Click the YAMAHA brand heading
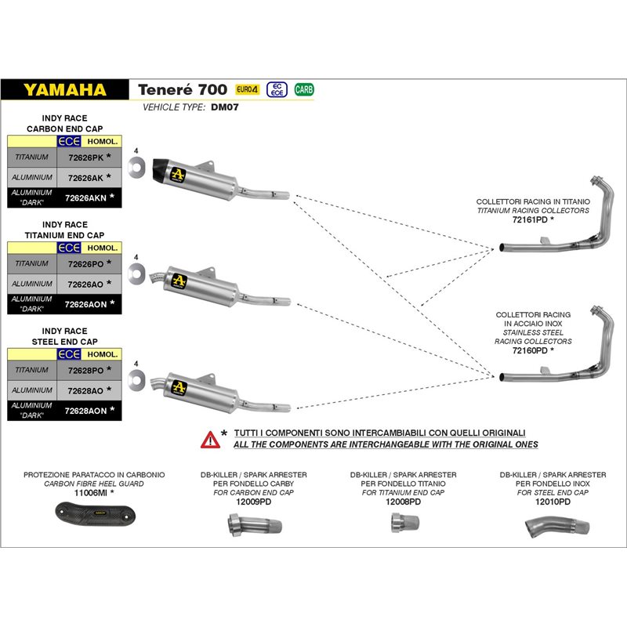[x=65, y=89]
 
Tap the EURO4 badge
[x=248, y=89]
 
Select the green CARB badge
[x=303, y=89]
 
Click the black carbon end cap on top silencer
[x=162, y=167]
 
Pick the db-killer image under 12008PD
[x=399, y=525]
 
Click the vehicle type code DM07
[x=225, y=107]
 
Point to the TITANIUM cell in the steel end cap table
[x=32, y=370]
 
